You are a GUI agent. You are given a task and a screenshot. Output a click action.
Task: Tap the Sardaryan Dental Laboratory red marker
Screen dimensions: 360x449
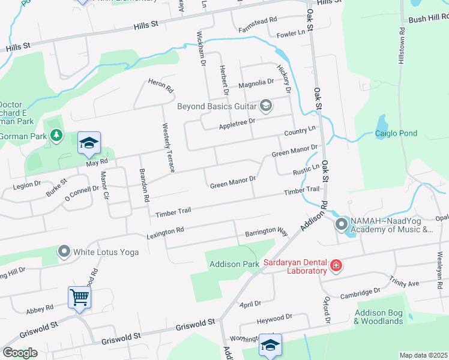(336, 265)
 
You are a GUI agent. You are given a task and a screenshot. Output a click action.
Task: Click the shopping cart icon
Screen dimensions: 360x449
(79, 296)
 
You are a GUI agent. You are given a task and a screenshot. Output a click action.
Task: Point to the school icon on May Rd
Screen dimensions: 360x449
(89, 143)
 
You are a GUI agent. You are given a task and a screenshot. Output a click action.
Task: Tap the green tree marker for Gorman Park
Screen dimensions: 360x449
(56, 136)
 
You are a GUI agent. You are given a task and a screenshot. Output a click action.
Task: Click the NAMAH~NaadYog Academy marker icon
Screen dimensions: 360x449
(342, 225)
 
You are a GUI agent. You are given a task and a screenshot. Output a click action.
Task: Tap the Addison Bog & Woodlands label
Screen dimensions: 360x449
(378, 317)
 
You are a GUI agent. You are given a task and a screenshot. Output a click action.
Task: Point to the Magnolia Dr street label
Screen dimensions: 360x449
(256, 85)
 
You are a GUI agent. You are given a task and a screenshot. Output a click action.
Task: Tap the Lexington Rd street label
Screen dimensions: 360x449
(165, 231)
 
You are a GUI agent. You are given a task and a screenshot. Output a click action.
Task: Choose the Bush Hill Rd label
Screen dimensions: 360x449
(428, 20)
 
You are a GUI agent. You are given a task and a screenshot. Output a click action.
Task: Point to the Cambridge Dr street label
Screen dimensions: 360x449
(360, 293)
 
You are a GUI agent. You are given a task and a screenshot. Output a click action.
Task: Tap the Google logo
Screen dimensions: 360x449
(19, 353)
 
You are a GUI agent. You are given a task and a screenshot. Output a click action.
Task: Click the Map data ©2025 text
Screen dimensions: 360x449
(423, 355)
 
